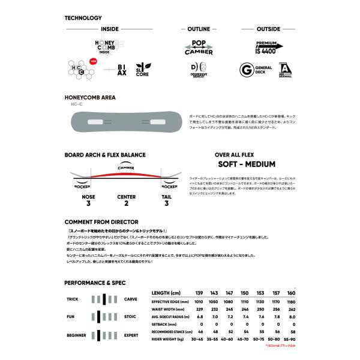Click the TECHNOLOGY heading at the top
coord(83,17)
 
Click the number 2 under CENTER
coord(127,203)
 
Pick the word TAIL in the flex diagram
coord(166,197)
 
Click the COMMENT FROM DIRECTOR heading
coord(101,222)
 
